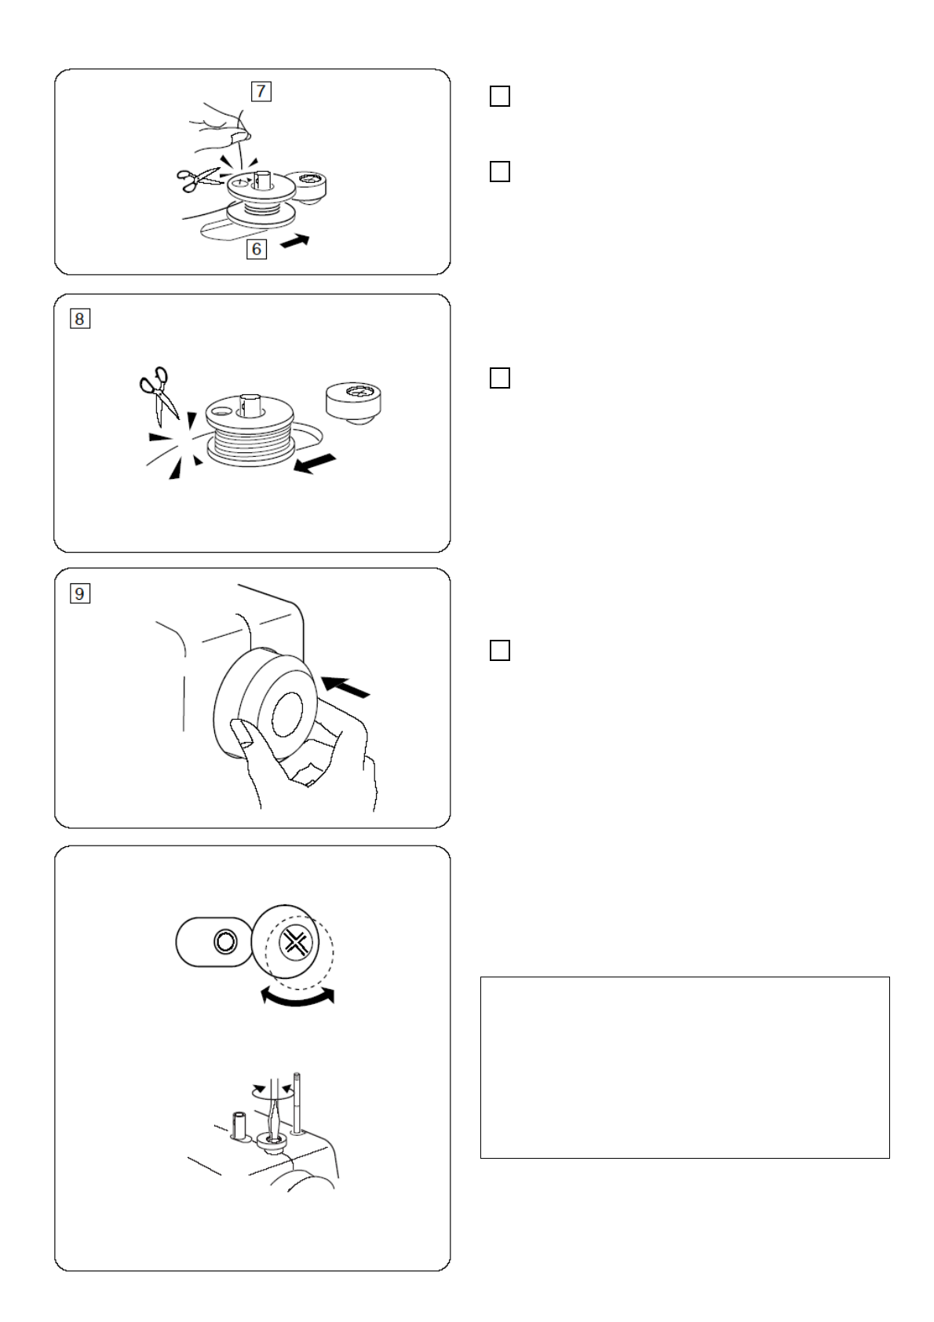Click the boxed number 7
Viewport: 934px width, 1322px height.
(x=261, y=92)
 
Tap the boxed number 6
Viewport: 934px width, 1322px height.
(x=256, y=249)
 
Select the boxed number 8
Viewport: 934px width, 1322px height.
(x=79, y=320)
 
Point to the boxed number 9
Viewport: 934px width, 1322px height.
(x=79, y=593)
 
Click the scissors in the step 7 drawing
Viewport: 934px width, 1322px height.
(x=197, y=178)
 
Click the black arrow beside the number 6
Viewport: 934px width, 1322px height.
(x=295, y=241)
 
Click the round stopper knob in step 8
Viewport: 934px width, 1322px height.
(x=353, y=403)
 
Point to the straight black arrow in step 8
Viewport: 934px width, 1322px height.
(x=315, y=463)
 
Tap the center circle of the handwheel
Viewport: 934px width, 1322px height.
(x=288, y=714)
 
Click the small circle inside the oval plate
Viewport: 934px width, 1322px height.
(x=224, y=941)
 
